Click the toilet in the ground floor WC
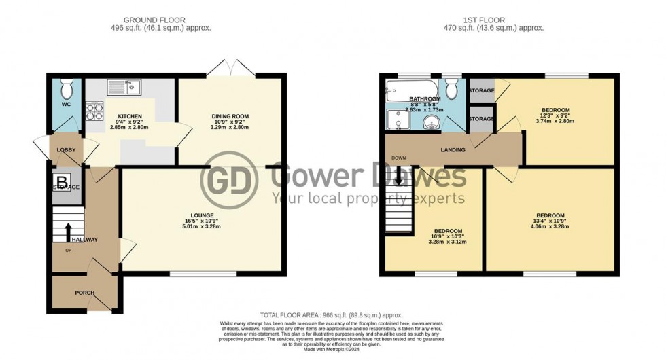pos(66,89)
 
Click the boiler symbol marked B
pos(62,181)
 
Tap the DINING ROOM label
pos(227,116)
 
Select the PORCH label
pos(84,293)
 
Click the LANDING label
pos(453,149)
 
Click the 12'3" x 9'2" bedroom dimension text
pos(555,117)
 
